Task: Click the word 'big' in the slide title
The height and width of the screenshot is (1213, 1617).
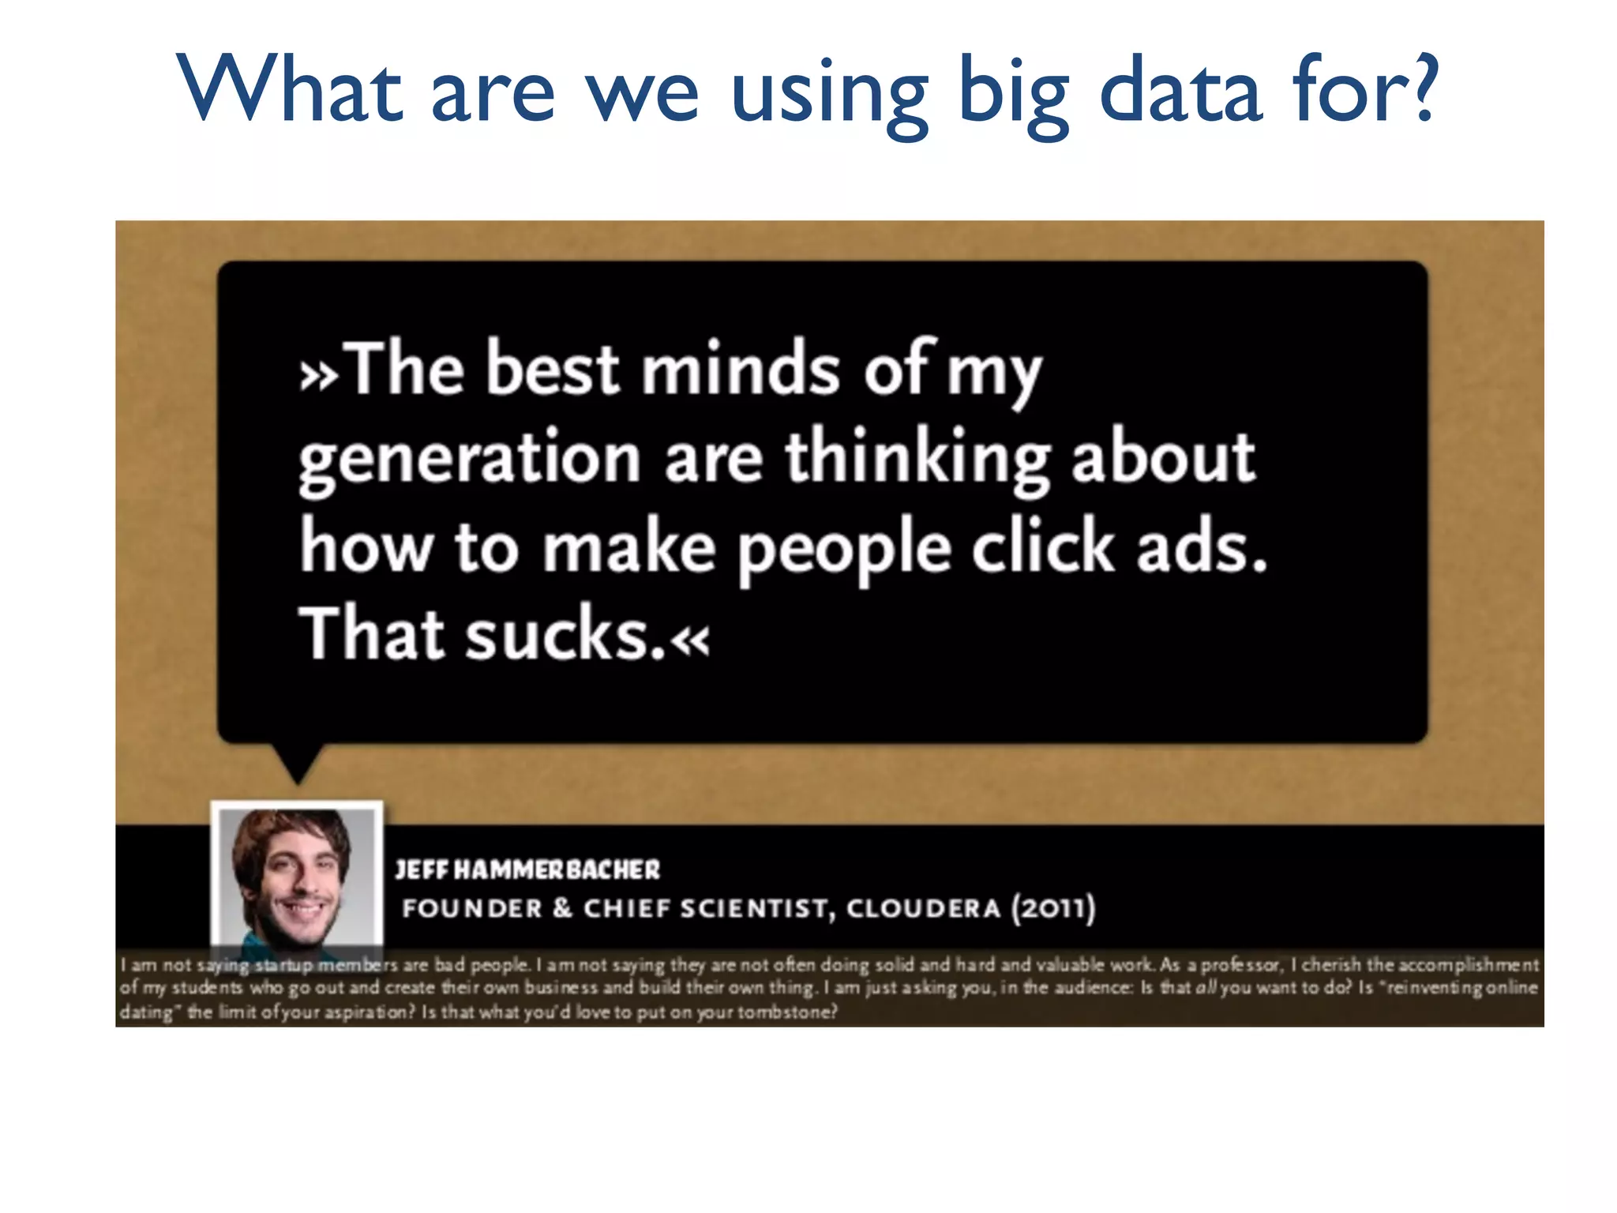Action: click(x=1014, y=93)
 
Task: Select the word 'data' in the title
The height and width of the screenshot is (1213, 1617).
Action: click(x=1181, y=90)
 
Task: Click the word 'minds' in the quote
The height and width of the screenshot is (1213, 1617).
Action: click(x=740, y=369)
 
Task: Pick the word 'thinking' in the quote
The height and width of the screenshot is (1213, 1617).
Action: click(x=916, y=460)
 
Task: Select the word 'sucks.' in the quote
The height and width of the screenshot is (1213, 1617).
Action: click(x=565, y=635)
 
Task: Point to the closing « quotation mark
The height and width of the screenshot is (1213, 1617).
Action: click(x=690, y=640)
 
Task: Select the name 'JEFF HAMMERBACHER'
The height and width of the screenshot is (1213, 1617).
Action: click(x=527, y=869)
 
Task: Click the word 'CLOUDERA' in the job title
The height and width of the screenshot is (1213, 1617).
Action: click(x=923, y=908)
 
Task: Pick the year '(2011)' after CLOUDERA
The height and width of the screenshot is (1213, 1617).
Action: click(x=1053, y=908)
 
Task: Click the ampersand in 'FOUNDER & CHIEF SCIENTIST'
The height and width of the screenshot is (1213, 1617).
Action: click(x=562, y=908)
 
